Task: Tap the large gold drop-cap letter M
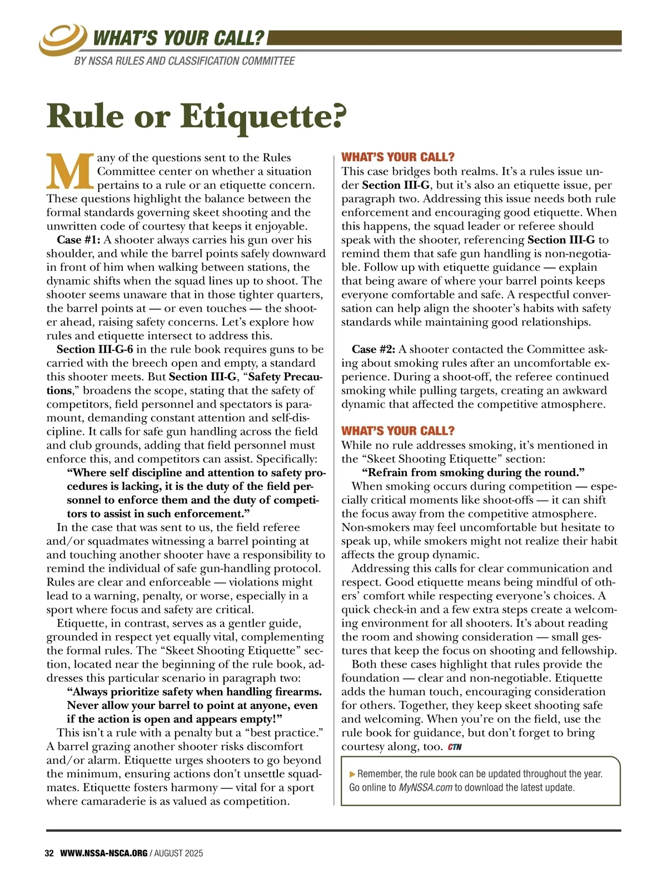click(x=70, y=170)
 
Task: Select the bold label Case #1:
click(x=78, y=240)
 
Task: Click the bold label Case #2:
click(x=374, y=349)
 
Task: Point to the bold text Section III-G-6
click(x=94, y=349)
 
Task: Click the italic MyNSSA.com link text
click(x=425, y=787)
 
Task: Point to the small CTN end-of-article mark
click(x=455, y=747)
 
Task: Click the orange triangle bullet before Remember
click(x=352, y=774)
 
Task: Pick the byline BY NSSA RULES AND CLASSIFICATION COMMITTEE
click(x=184, y=61)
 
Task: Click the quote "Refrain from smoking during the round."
click(x=473, y=473)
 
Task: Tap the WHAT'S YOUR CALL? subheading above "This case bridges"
click(x=397, y=157)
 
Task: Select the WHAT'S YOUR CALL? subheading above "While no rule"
click(x=397, y=431)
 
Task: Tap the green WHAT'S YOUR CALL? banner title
click(x=178, y=38)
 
